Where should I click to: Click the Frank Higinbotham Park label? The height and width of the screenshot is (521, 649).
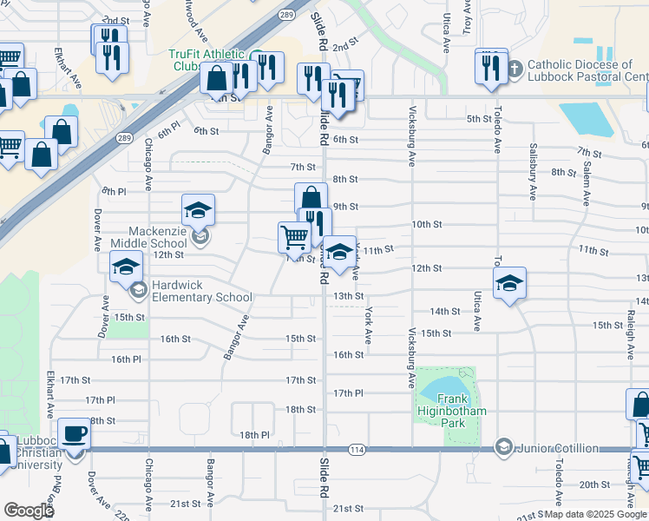coord(449,411)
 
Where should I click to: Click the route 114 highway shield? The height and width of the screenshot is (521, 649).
coord(357,449)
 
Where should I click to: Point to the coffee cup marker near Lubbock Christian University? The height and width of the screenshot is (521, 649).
coord(74,432)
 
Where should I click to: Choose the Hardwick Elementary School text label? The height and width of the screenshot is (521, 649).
coord(201,291)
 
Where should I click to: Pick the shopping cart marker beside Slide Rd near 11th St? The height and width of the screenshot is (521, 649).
coord(294,235)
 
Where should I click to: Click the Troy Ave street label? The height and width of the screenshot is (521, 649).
coord(467,17)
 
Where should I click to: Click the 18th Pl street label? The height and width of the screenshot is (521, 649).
coord(254,434)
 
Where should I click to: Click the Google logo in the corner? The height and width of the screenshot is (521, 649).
coord(29,511)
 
